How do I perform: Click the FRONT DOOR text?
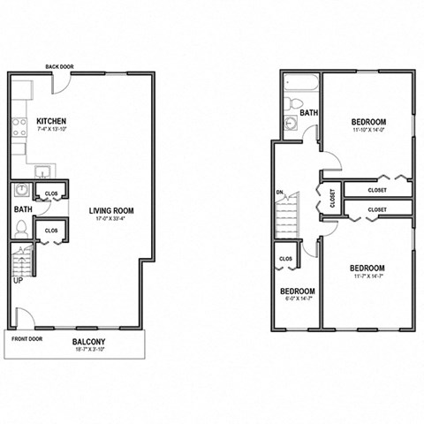coord(26,338)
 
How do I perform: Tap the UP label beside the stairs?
coord(17,281)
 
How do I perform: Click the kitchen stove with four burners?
coord(19,129)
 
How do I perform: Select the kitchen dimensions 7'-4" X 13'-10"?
coord(52,131)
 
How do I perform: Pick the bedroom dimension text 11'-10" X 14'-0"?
coord(367,131)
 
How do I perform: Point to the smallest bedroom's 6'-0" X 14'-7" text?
coord(297,300)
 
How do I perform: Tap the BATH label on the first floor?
coord(22,209)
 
